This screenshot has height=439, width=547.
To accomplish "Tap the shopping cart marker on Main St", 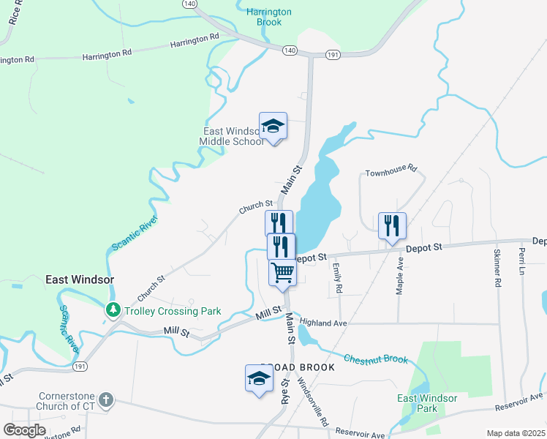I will click(x=282, y=272).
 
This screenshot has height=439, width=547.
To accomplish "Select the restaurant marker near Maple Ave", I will click(x=392, y=225).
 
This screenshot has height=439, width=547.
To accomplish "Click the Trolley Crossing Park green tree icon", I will click(x=113, y=310).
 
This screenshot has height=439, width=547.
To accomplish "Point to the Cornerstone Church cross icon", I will click(x=106, y=399).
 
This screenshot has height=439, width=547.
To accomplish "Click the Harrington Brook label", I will click(x=269, y=17).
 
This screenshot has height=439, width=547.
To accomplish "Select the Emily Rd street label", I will click(x=338, y=278).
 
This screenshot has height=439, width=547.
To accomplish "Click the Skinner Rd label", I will click(x=497, y=269).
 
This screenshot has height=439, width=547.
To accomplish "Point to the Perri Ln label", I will click(x=522, y=262).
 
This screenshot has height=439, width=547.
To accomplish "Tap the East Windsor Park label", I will click(x=427, y=403).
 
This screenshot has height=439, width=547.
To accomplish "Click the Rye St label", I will click(x=285, y=392).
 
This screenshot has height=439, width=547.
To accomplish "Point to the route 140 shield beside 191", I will click(x=290, y=50).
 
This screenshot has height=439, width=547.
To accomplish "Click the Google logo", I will click(x=24, y=430).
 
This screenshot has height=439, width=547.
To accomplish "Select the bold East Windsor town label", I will click(x=80, y=279).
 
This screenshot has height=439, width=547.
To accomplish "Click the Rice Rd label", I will click(x=15, y=16).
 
